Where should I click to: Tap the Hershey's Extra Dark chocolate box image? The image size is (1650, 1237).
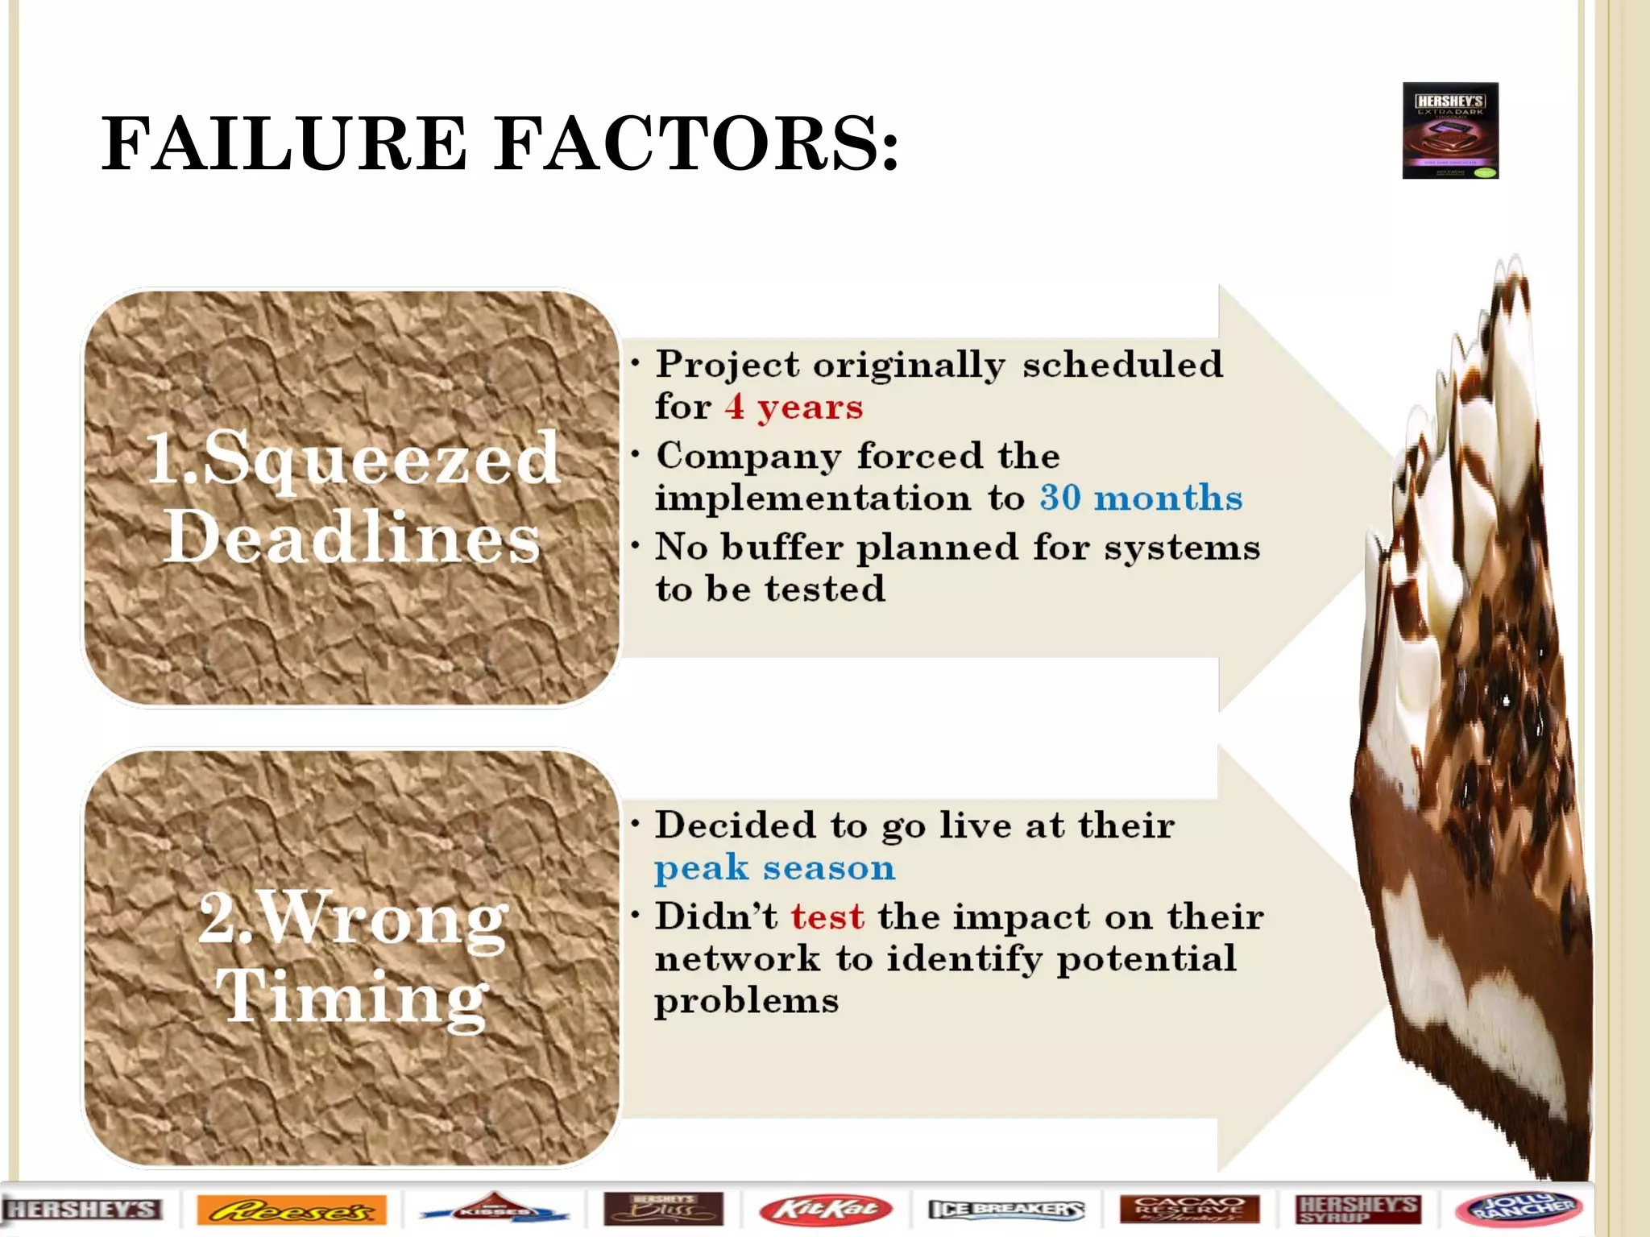(1449, 130)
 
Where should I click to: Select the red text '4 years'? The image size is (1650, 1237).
(794, 407)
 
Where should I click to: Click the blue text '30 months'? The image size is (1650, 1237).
(1141, 498)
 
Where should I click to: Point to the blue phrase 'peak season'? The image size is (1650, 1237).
(774, 868)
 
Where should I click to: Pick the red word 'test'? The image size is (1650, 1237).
(827, 916)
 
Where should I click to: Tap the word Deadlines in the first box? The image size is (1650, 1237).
(352, 537)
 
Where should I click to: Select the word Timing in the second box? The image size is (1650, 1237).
(352, 998)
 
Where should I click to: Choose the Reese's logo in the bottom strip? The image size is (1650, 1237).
(292, 1210)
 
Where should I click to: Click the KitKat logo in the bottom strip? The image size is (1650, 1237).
(825, 1209)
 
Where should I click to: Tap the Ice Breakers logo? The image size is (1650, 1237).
(1006, 1209)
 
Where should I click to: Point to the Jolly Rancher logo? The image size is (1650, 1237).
(1518, 1209)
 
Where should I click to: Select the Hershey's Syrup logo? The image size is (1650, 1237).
(1358, 1209)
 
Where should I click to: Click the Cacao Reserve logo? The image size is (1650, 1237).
(1189, 1209)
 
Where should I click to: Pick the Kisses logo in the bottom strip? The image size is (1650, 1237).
(494, 1210)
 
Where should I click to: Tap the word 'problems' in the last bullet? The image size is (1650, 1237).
(746, 1001)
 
